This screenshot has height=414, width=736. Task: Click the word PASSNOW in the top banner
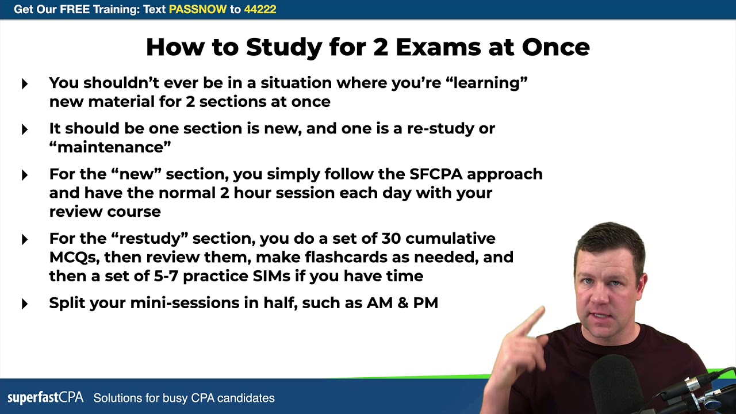pyautogui.click(x=198, y=9)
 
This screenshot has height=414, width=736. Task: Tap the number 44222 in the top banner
pyautogui.click(x=260, y=9)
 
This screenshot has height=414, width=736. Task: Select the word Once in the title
pyautogui.click(x=555, y=47)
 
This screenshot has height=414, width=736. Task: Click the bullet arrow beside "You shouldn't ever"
pyautogui.click(x=25, y=84)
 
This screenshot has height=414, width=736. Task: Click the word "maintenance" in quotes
pyautogui.click(x=110, y=147)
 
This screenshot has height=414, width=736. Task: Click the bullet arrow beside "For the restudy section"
pyautogui.click(x=25, y=239)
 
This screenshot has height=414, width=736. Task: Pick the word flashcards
pyautogui.click(x=356, y=257)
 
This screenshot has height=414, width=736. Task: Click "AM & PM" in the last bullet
pyautogui.click(x=402, y=302)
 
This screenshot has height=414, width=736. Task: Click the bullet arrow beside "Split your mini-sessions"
pyautogui.click(x=25, y=304)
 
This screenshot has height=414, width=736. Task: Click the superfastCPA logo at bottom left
pyautogui.click(x=45, y=397)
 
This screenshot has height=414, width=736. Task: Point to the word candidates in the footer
pyautogui.click(x=246, y=398)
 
